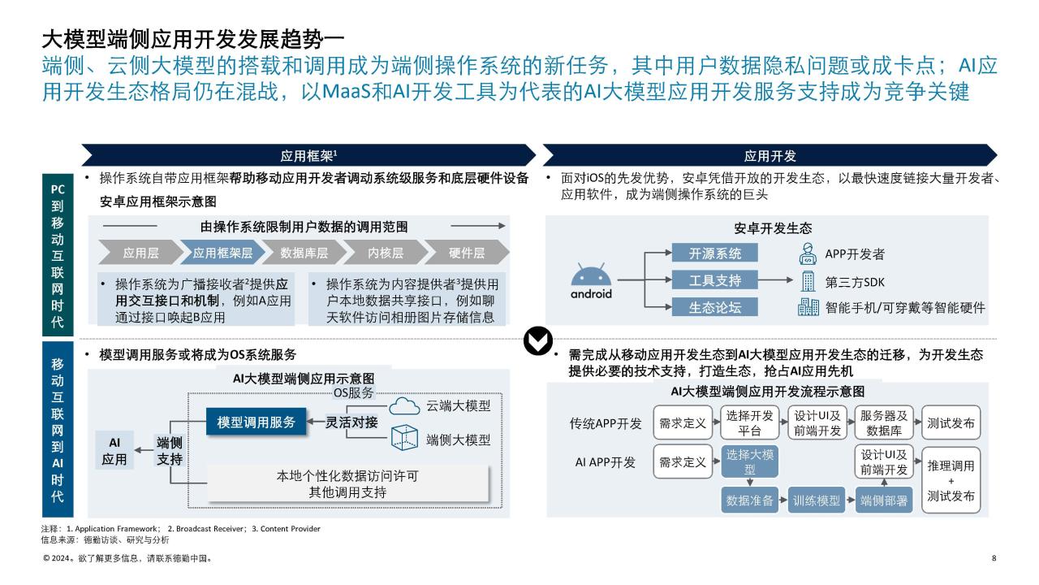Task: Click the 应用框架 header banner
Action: [308, 155]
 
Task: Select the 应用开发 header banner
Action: [770, 155]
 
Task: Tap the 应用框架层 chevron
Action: [222, 253]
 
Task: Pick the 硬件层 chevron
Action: [467, 253]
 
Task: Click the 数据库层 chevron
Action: [304, 253]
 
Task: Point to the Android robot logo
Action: [591, 280]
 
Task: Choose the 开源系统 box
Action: [715, 253]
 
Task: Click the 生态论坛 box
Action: [715, 307]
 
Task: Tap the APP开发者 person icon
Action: [808, 254]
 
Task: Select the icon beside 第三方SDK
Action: [808, 281]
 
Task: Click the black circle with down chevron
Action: [538, 340]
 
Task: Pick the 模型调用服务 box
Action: [256, 422]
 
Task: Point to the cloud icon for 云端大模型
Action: [404, 405]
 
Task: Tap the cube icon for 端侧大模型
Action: [404, 437]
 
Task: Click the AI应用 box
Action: [114, 450]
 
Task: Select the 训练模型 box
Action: [817, 500]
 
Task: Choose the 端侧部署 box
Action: [884, 500]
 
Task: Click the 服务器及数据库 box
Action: [884, 422]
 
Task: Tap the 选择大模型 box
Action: [749, 461]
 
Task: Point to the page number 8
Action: [994, 558]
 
